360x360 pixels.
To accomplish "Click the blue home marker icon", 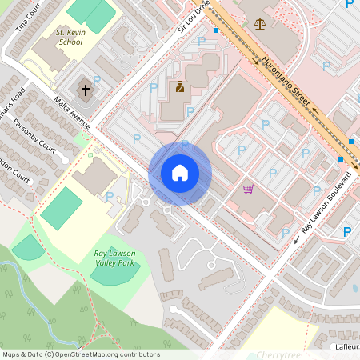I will (180, 173).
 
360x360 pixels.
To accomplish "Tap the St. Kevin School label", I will (70, 37).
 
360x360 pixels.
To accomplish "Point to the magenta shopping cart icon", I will (248, 189).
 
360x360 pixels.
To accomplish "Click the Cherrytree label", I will (278, 354).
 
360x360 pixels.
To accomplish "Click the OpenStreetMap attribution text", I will (81, 354).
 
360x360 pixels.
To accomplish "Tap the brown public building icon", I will (179, 86).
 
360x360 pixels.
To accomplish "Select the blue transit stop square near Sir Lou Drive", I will (216, 30).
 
